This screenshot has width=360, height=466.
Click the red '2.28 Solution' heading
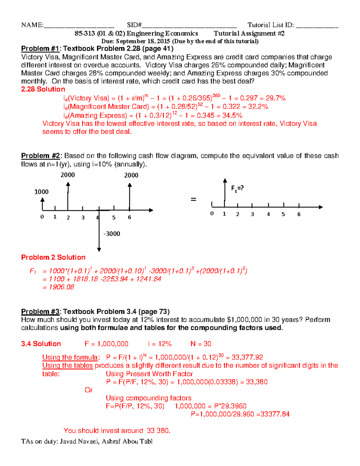pos(43,89)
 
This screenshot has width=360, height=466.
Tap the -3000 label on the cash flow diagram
pos(112,234)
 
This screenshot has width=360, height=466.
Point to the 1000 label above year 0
pos(41,192)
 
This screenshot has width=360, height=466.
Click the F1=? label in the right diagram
pos(237,188)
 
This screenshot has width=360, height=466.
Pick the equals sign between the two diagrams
pos(193,199)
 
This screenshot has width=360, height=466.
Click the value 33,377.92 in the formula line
pos(247,357)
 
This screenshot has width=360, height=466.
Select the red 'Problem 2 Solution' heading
pos(53,257)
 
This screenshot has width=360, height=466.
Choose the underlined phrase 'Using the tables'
pos(67,365)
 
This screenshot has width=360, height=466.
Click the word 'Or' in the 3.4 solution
pos(88,390)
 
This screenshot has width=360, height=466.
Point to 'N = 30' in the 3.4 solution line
pos(201,344)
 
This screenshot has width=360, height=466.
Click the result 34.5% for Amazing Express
pos(232,116)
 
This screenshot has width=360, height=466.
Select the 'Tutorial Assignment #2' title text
pos(249,34)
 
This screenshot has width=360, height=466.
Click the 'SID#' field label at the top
pos(134,25)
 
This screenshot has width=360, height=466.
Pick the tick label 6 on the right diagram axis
pos(299,214)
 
